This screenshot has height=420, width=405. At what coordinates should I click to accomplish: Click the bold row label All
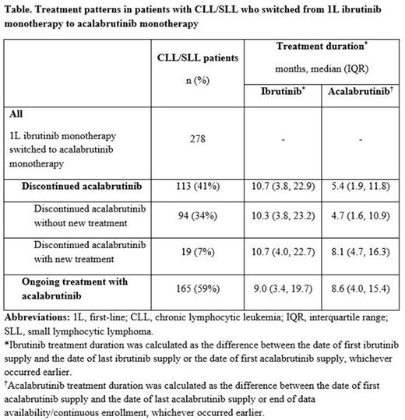click(16, 112)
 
